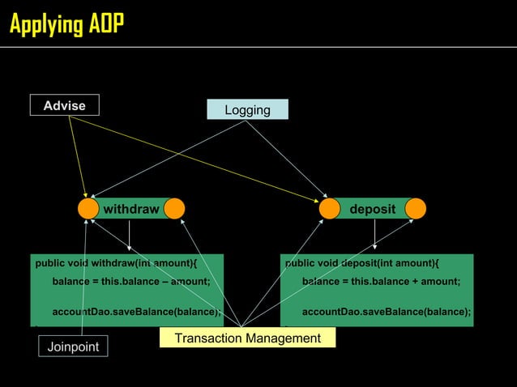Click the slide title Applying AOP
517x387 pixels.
click(66, 24)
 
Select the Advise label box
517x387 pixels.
click(64, 105)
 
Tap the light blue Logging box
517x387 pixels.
click(247, 110)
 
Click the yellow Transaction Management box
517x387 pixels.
click(247, 338)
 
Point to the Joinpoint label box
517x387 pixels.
click(73, 347)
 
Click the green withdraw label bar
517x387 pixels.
click(131, 209)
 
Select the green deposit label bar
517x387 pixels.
click(373, 209)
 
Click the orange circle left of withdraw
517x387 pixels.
click(88, 209)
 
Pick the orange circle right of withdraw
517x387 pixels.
click(174, 209)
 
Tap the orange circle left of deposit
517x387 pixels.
click(329, 209)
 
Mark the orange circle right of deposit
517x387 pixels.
click(416, 209)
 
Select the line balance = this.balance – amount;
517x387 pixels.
click(131, 282)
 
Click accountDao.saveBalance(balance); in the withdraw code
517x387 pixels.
click(136, 312)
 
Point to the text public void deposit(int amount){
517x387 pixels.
click(361, 263)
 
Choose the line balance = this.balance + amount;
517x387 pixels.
click(381, 282)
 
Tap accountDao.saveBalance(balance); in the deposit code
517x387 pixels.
click(386, 312)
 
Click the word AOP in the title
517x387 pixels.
click(105, 24)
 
